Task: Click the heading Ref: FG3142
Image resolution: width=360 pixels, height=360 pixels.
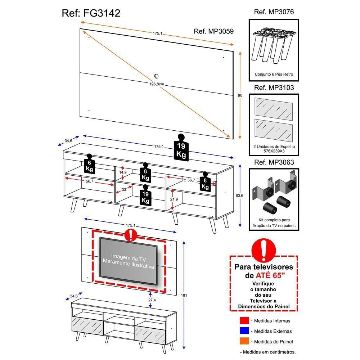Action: pyautogui.click(x=91, y=13)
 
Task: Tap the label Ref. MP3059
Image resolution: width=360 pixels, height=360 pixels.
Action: pyautogui.click(x=213, y=31)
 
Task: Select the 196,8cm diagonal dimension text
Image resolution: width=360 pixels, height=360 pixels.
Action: pyautogui.click(x=157, y=84)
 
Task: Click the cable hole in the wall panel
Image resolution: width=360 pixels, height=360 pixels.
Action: pyautogui.click(x=156, y=76)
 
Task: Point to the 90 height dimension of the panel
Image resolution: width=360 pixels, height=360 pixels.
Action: pyautogui.click(x=240, y=95)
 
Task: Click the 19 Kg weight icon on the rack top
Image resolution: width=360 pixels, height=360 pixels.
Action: pyautogui.click(x=181, y=147)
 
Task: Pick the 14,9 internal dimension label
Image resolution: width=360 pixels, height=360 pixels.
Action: pyautogui.click(x=123, y=172)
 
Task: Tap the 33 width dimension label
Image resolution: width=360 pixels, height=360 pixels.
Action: pyautogui.click(x=123, y=189)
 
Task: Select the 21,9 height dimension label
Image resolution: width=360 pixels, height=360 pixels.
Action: pyautogui.click(x=174, y=199)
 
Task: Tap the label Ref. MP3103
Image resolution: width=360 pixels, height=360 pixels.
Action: pyautogui.click(x=274, y=87)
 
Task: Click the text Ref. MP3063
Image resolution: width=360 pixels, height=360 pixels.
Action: pyautogui.click(x=274, y=162)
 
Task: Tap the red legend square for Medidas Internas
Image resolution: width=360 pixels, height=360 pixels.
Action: pyautogui.click(x=244, y=321)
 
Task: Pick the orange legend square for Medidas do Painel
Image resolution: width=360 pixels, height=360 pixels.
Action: pyautogui.click(x=244, y=341)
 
